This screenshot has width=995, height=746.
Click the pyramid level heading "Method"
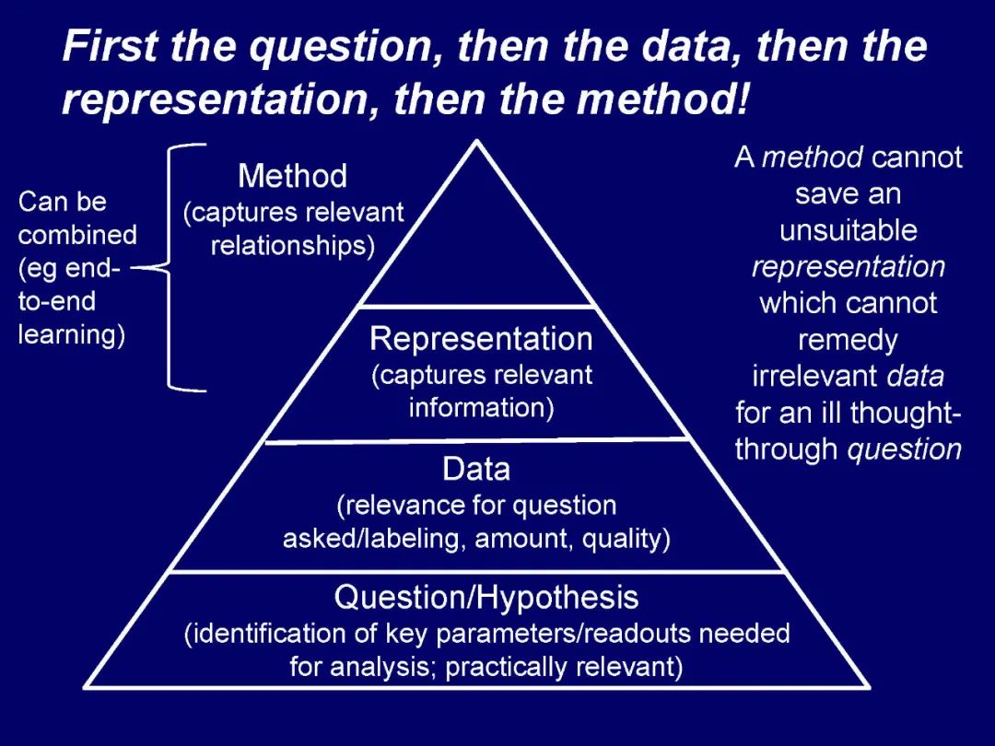[x=292, y=176]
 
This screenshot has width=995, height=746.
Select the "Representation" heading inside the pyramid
[x=481, y=340]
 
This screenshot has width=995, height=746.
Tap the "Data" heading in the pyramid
[x=476, y=471]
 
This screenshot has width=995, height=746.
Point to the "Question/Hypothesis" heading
[x=486, y=599]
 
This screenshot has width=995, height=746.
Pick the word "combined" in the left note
[x=77, y=235]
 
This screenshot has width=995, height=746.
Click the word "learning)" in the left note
[x=71, y=334]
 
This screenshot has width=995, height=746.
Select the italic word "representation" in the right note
[x=848, y=267]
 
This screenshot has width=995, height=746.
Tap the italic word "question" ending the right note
[x=905, y=449]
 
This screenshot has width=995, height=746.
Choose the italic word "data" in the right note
[x=914, y=377]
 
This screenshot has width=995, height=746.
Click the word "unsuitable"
[x=848, y=230]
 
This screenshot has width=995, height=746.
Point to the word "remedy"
[x=848, y=341]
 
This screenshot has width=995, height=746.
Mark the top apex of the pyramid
[x=476, y=141]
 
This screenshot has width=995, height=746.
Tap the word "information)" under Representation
[x=481, y=407]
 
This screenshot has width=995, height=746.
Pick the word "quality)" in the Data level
[x=626, y=539]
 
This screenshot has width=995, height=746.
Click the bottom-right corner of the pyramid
[x=869, y=686]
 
